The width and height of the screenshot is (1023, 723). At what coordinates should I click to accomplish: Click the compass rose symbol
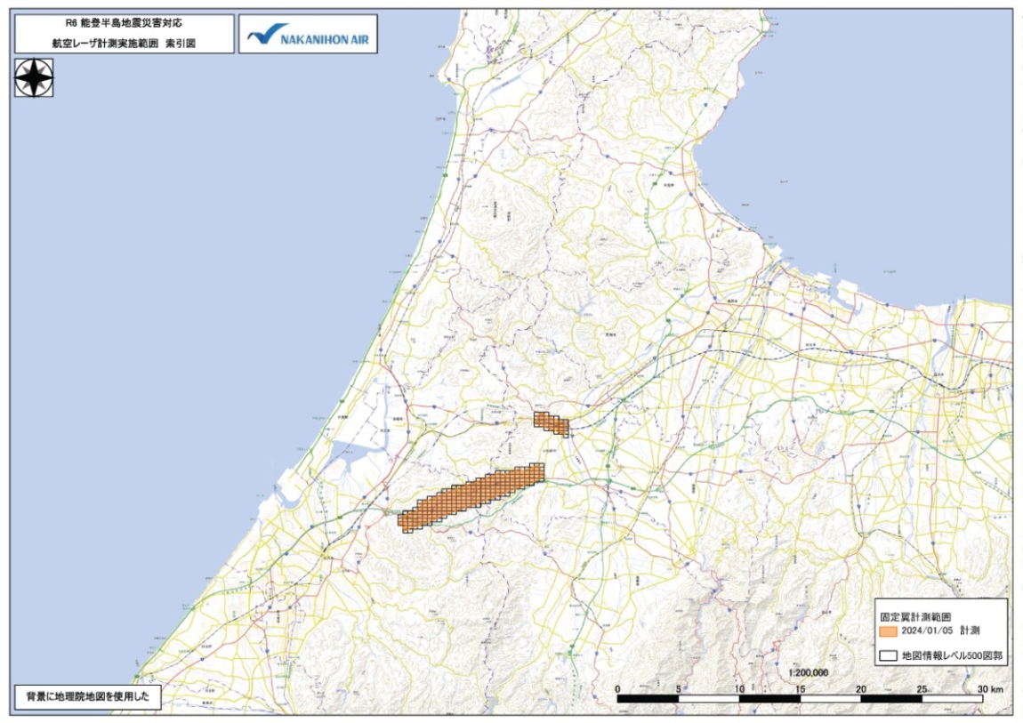tap(34, 77)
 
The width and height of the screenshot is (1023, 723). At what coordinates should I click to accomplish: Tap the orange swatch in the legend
tap(886, 630)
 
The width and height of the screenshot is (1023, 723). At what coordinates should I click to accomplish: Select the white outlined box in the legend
tap(886, 656)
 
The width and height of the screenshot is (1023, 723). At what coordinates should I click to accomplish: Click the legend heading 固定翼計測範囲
tap(916, 615)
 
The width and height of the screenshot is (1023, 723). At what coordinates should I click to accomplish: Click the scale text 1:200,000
tap(809, 673)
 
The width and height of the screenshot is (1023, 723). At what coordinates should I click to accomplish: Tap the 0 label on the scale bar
tap(617, 688)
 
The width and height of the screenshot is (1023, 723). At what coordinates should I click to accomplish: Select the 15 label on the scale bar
tap(801, 688)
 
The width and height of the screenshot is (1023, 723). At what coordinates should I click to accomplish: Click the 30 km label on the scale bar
tap(990, 688)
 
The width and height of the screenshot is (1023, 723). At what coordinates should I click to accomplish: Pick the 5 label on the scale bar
tap(679, 688)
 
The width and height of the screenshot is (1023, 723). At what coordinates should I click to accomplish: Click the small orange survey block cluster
tap(551, 423)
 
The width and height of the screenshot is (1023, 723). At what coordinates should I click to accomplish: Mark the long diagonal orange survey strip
tap(471, 498)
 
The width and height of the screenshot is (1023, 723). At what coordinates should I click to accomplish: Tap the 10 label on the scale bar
tap(739, 688)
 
